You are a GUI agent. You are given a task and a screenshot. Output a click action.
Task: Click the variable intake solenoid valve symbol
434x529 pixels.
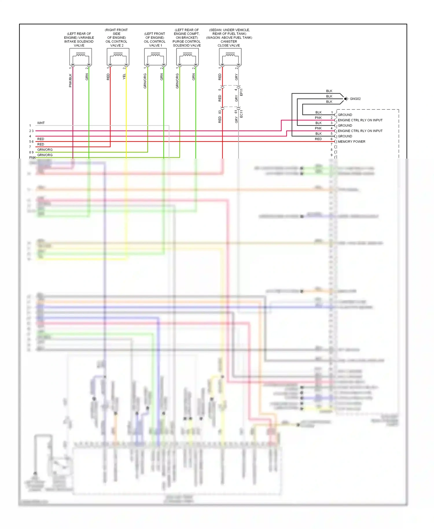pyautogui.click(x=80, y=56)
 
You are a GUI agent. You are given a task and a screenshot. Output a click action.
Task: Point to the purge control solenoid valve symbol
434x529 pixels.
pyautogui.click(x=187, y=56)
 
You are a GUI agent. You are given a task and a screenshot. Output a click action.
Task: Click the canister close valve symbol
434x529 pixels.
pyautogui.click(x=230, y=56)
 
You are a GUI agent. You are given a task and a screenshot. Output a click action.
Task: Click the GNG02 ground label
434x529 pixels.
pyautogui.click(x=355, y=99)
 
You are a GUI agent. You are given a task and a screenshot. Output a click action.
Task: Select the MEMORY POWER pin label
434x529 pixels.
pyautogui.click(x=352, y=142)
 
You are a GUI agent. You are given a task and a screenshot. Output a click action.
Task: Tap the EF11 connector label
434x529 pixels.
pyautogui.click(x=241, y=92)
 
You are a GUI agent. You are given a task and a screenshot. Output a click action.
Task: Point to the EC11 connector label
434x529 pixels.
pyautogui.click(x=241, y=114)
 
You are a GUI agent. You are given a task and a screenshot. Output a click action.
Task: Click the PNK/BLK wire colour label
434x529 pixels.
pyautogui.click(x=70, y=80)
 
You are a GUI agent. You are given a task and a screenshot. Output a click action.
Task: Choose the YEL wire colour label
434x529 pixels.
pyautogui.click(x=124, y=76)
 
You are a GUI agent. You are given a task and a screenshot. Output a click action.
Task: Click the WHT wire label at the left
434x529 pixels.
pyautogui.click(x=41, y=123)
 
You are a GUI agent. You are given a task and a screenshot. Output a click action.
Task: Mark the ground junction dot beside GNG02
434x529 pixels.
pyautogui.click(x=345, y=99)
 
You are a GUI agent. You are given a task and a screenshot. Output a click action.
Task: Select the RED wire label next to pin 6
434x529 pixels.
pyautogui.click(x=318, y=139)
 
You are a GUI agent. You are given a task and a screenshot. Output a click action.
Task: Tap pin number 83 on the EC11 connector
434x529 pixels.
pyautogui.click(x=220, y=112)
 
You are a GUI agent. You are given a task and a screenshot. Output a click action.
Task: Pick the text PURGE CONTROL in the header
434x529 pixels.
pyautogui.click(x=187, y=41)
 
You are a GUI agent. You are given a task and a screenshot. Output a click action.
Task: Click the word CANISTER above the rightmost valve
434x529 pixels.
pyautogui.click(x=229, y=41)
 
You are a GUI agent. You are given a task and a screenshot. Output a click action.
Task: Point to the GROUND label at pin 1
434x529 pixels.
pyautogui.click(x=345, y=115)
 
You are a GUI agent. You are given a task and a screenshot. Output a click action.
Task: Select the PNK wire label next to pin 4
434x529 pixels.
pyautogui.click(x=318, y=128)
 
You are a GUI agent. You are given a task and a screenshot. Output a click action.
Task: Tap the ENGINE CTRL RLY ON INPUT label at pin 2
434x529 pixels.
pyautogui.click(x=360, y=120)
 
